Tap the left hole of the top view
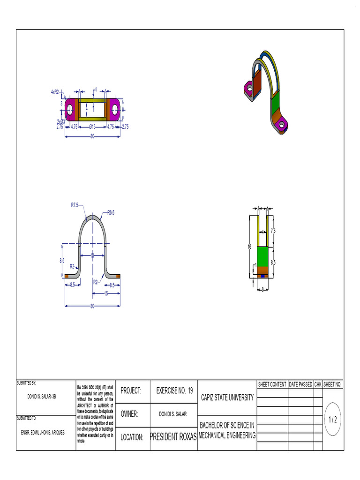pyautogui.click(x=70, y=109)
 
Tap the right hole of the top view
pyautogui.click(x=115, y=109)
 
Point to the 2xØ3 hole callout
pyautogui.click(x=61, y=121)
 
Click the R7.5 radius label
pyautogui.click(x=75, y=205)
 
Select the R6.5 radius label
pyautogui.click(x=111, y=212)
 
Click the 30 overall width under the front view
pyautogui.click(x=92, y=306)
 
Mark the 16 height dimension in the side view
pyautogui.click(x=250, y=246)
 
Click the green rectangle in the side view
pyautogui.click(x=263, y=256)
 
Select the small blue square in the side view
pyautogui.click(x=263, y=276)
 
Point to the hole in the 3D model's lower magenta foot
pyautogui.click(x=283, y=124)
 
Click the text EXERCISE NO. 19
pyautogui.click(x=174, y=390)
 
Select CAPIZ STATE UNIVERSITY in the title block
pyautogui.click(x=227, y=397)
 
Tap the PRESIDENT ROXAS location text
pyautogui.click(x=173, y=437)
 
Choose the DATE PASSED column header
pyautogui.click(x=300, y=384)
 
